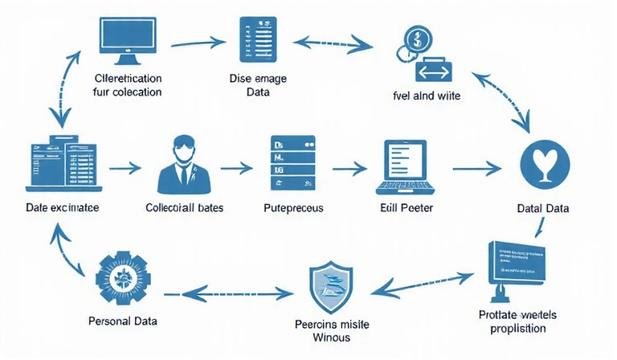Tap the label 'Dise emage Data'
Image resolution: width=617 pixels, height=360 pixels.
(x=258, y=85)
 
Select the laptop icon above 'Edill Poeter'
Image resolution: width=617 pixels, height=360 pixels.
(x=406, y=167)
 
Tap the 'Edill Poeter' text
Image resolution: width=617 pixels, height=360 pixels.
(x=406, y=207)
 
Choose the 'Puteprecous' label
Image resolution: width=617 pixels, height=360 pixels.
(x=293, y=207)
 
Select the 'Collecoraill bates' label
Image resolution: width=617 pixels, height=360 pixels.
(x=184, y=207)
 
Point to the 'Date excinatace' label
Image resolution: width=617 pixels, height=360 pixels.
(x=63, y=207)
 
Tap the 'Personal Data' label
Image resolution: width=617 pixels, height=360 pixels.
(x=122, y=321)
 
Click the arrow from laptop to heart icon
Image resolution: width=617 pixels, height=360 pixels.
(x=477, y=169)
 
